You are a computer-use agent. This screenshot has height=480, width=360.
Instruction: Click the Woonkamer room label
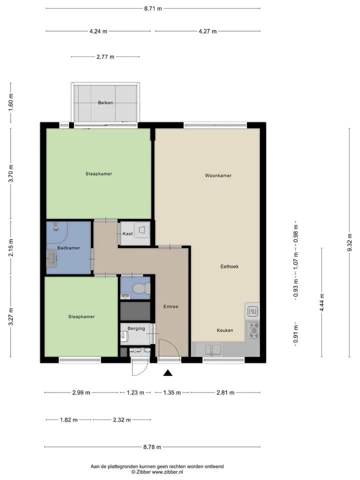218,175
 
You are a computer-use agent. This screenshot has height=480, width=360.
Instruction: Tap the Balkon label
105,102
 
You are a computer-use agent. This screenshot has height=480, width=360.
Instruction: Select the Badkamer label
68,248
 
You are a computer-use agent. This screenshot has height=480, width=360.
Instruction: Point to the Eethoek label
229,266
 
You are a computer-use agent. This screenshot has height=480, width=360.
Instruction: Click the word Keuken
224,330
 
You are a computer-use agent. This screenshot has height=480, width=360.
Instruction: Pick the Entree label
170,306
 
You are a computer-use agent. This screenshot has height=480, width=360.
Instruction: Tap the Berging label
136,328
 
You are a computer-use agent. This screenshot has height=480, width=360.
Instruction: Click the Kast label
127,233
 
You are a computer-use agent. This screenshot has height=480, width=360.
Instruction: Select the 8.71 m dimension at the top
153,8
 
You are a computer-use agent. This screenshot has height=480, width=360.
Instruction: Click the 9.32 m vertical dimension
349,242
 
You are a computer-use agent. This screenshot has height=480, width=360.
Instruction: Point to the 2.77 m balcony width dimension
105,56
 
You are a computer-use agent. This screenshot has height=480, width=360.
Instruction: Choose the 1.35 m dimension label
172,392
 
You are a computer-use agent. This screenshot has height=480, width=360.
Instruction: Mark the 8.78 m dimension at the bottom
152,447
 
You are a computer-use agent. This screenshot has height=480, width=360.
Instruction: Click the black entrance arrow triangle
167,373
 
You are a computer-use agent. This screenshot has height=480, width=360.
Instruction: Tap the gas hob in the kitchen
254,330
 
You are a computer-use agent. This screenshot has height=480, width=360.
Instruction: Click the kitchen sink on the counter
213,349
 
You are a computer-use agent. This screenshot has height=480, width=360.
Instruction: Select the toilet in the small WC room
141,288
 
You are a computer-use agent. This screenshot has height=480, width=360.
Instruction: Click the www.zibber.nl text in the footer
167,472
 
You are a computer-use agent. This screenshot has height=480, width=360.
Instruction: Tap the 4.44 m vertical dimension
322,302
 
